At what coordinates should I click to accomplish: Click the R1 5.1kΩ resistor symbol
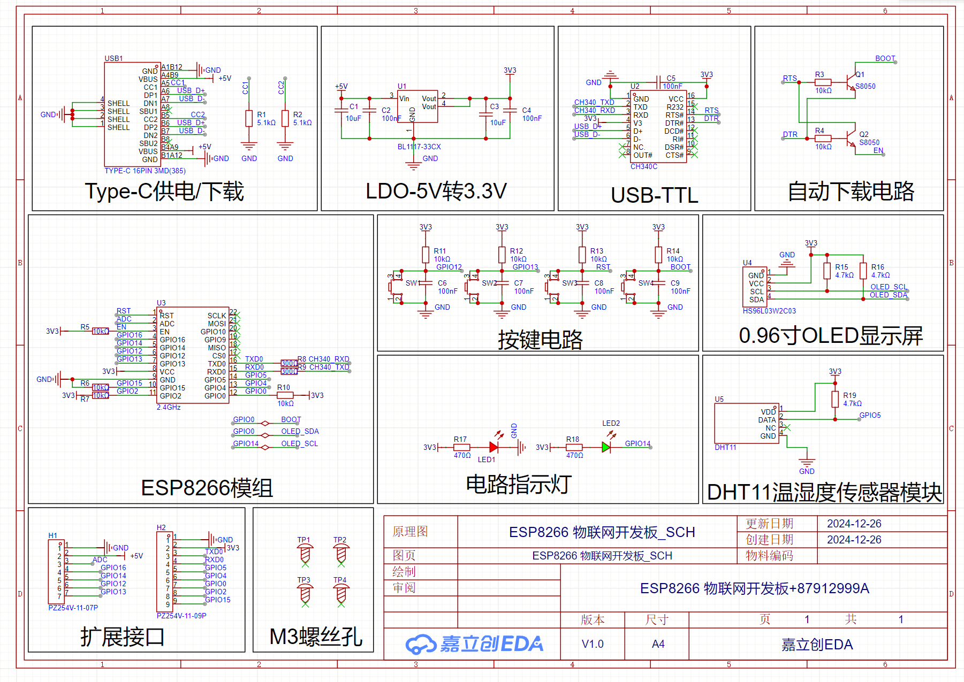point(249,118)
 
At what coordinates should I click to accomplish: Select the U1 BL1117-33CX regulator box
point(418,106)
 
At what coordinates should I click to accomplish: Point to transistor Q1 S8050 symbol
point(850,82)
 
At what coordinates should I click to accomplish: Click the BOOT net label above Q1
point(885,58)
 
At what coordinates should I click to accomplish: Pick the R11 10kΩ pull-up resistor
point(426,255)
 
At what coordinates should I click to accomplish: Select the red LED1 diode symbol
point(494,447)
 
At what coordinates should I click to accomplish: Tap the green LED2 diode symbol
point(606,447)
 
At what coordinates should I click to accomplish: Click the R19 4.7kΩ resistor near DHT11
point(835,399)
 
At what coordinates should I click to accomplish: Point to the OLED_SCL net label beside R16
point(889,287)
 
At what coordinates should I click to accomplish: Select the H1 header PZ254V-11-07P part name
point(73,608)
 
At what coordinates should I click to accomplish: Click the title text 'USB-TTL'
point(654,195)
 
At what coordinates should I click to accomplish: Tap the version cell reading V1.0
point(593,644)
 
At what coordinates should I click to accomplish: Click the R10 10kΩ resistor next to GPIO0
point(285,395)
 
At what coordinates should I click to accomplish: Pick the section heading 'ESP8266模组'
point(207,487)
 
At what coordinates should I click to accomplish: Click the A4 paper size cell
point(658,644)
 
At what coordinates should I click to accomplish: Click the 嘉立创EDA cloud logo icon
point(421,644)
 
